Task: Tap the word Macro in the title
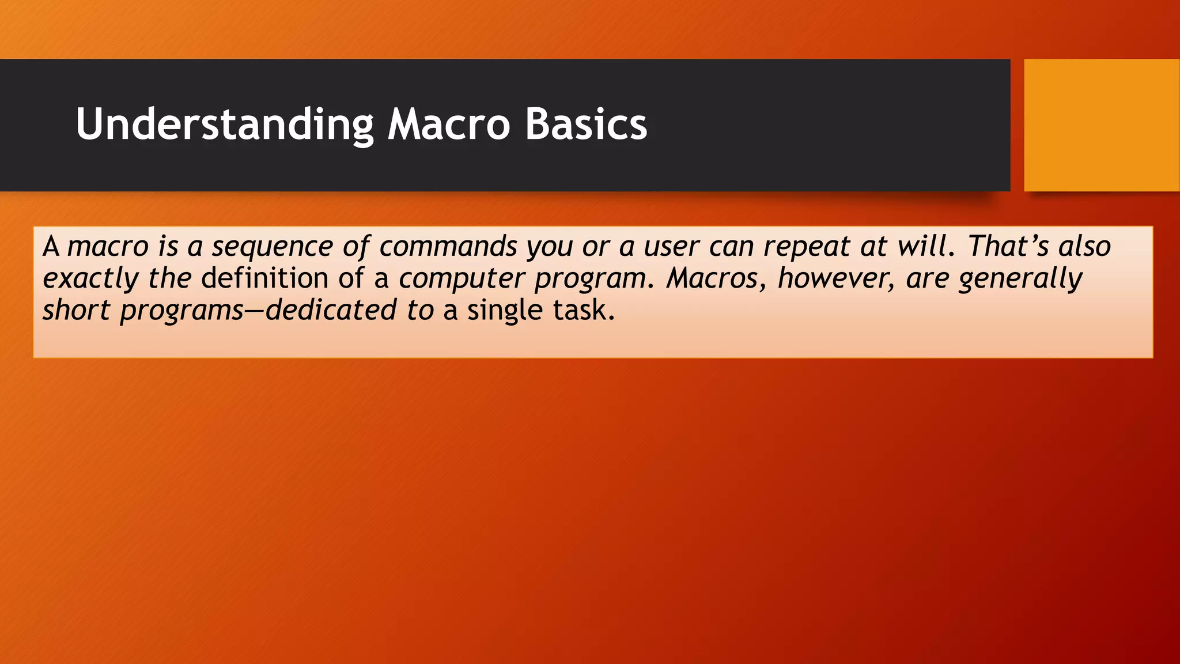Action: [448, 124]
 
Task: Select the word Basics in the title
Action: [586, 124]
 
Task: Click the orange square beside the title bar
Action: [1101, 124]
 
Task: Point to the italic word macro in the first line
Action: [108, 247]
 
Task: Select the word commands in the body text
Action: [448, 247]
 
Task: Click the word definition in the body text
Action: [264, 278]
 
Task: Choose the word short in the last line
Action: [75, 310]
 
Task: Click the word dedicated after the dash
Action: [331, 310]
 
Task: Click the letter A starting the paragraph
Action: [51, 247]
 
